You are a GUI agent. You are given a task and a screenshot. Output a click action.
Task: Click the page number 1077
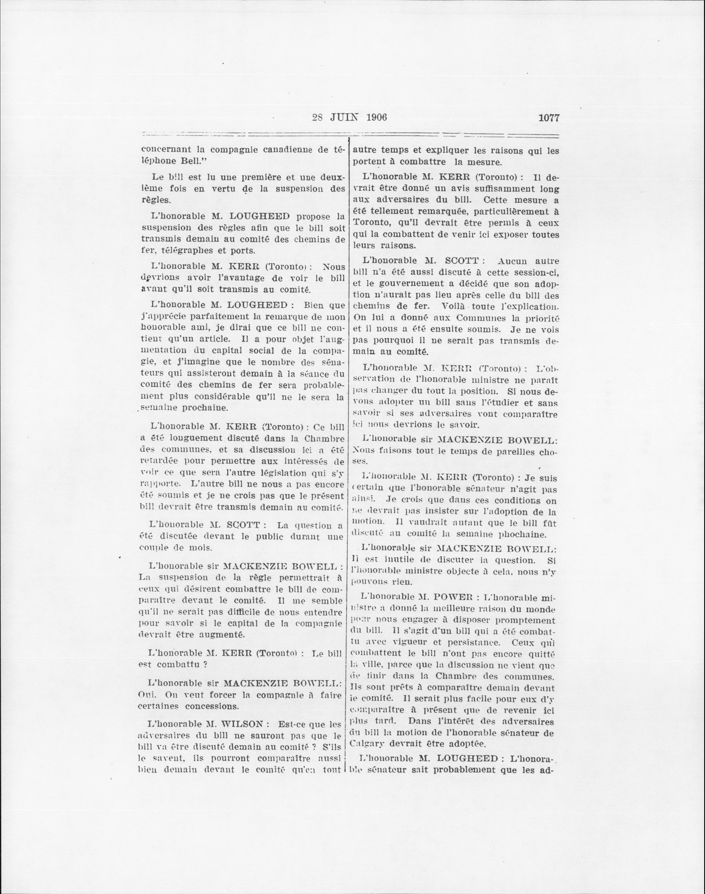click(549, 118)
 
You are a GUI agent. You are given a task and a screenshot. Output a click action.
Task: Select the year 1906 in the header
click(376, 118)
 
